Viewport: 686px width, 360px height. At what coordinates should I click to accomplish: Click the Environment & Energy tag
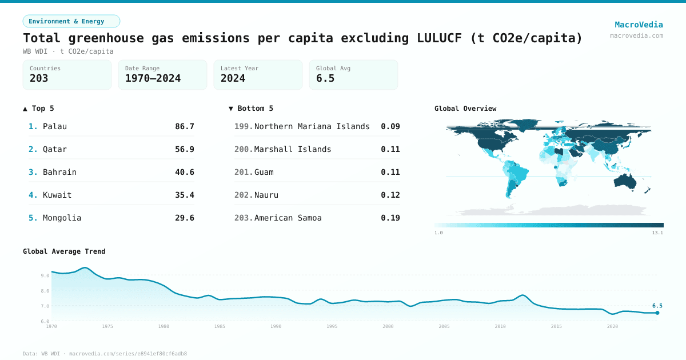71,21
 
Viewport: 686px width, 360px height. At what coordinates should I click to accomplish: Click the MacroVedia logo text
639,25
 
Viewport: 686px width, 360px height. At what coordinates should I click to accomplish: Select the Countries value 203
39,78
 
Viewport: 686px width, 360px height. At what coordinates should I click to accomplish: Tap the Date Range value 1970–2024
153,78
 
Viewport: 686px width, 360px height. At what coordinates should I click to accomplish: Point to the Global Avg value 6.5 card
353,75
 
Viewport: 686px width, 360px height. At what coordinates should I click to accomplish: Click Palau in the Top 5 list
55,126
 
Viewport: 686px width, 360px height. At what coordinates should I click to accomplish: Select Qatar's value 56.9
185,149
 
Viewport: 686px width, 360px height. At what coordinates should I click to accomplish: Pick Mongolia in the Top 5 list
62,218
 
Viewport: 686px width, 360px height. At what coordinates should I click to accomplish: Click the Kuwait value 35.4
185,195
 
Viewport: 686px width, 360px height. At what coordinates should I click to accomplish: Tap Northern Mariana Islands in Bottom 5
312,126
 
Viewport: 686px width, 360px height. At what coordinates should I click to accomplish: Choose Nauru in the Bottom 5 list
266,195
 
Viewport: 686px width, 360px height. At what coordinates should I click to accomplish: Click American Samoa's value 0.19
390,218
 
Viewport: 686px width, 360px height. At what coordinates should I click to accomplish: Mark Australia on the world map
629,181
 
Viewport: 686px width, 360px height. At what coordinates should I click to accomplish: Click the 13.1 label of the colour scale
657,233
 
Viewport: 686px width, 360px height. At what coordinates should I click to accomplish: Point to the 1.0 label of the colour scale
438,233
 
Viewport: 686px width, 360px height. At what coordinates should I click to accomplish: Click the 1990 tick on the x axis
276,326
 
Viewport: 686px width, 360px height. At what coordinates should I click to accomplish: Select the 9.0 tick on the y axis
45,275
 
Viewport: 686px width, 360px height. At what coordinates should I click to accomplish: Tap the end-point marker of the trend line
657,313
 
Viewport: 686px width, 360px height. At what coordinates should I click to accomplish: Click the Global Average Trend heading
64,251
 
